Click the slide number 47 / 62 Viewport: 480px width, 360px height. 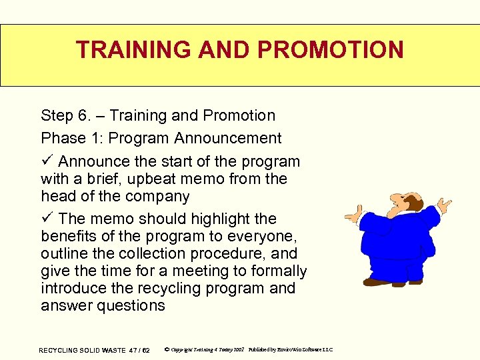[x=139, y=350]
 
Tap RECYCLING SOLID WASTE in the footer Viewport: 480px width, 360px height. [x=83, y=350]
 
